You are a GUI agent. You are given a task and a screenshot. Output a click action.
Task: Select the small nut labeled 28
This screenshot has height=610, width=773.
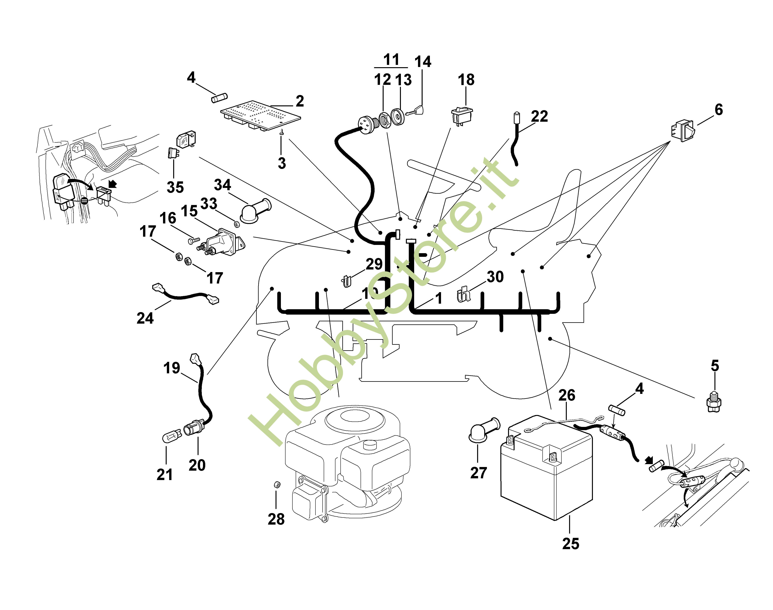click(276, 485)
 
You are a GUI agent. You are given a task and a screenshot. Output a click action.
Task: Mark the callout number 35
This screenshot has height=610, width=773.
click(175, 187)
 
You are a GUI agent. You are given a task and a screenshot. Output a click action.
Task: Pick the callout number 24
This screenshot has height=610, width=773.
click(145, 318)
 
